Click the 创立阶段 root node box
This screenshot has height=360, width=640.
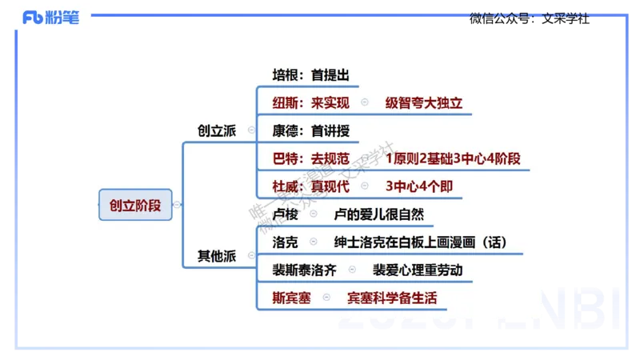tap(135, 205)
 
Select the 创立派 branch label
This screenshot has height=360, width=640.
tap(218, 130)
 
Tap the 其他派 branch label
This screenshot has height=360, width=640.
tap(218, 256)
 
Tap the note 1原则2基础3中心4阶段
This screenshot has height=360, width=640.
tap(452, 158)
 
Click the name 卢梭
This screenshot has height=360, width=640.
tap(286, 214)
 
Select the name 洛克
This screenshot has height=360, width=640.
tap(286, 242)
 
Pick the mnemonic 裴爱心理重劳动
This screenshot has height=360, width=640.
tap(417, 270)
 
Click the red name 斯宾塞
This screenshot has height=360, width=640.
tap(291, 298)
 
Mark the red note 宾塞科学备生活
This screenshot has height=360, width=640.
tap(392, 298)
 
